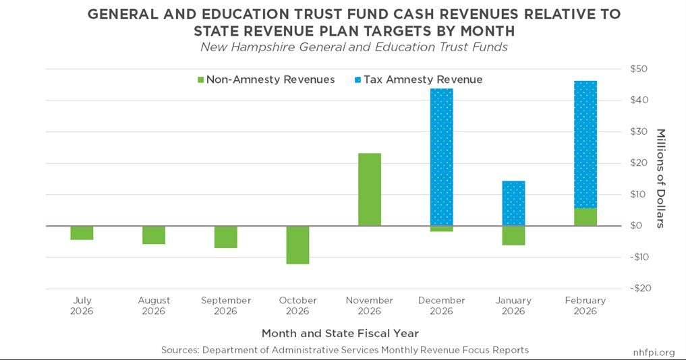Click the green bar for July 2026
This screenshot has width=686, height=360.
[82, 233]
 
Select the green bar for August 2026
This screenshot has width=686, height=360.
[154, 235]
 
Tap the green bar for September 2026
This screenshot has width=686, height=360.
[226, 237]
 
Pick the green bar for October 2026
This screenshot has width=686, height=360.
[297, 245]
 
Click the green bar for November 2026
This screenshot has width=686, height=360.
[370, 189]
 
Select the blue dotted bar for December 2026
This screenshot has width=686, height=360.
[442, 157]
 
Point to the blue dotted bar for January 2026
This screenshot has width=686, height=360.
[513, 203]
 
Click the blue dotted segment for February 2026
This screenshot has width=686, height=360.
[585, 144]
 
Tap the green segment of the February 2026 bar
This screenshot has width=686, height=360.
[585, 217]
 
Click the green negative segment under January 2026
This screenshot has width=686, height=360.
[513, 235]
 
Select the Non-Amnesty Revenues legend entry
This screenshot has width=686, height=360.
[265, 80]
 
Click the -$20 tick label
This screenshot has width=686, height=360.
[637, 289]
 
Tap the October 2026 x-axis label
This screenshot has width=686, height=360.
[297, 305]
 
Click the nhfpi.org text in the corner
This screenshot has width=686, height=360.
[654, 351]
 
